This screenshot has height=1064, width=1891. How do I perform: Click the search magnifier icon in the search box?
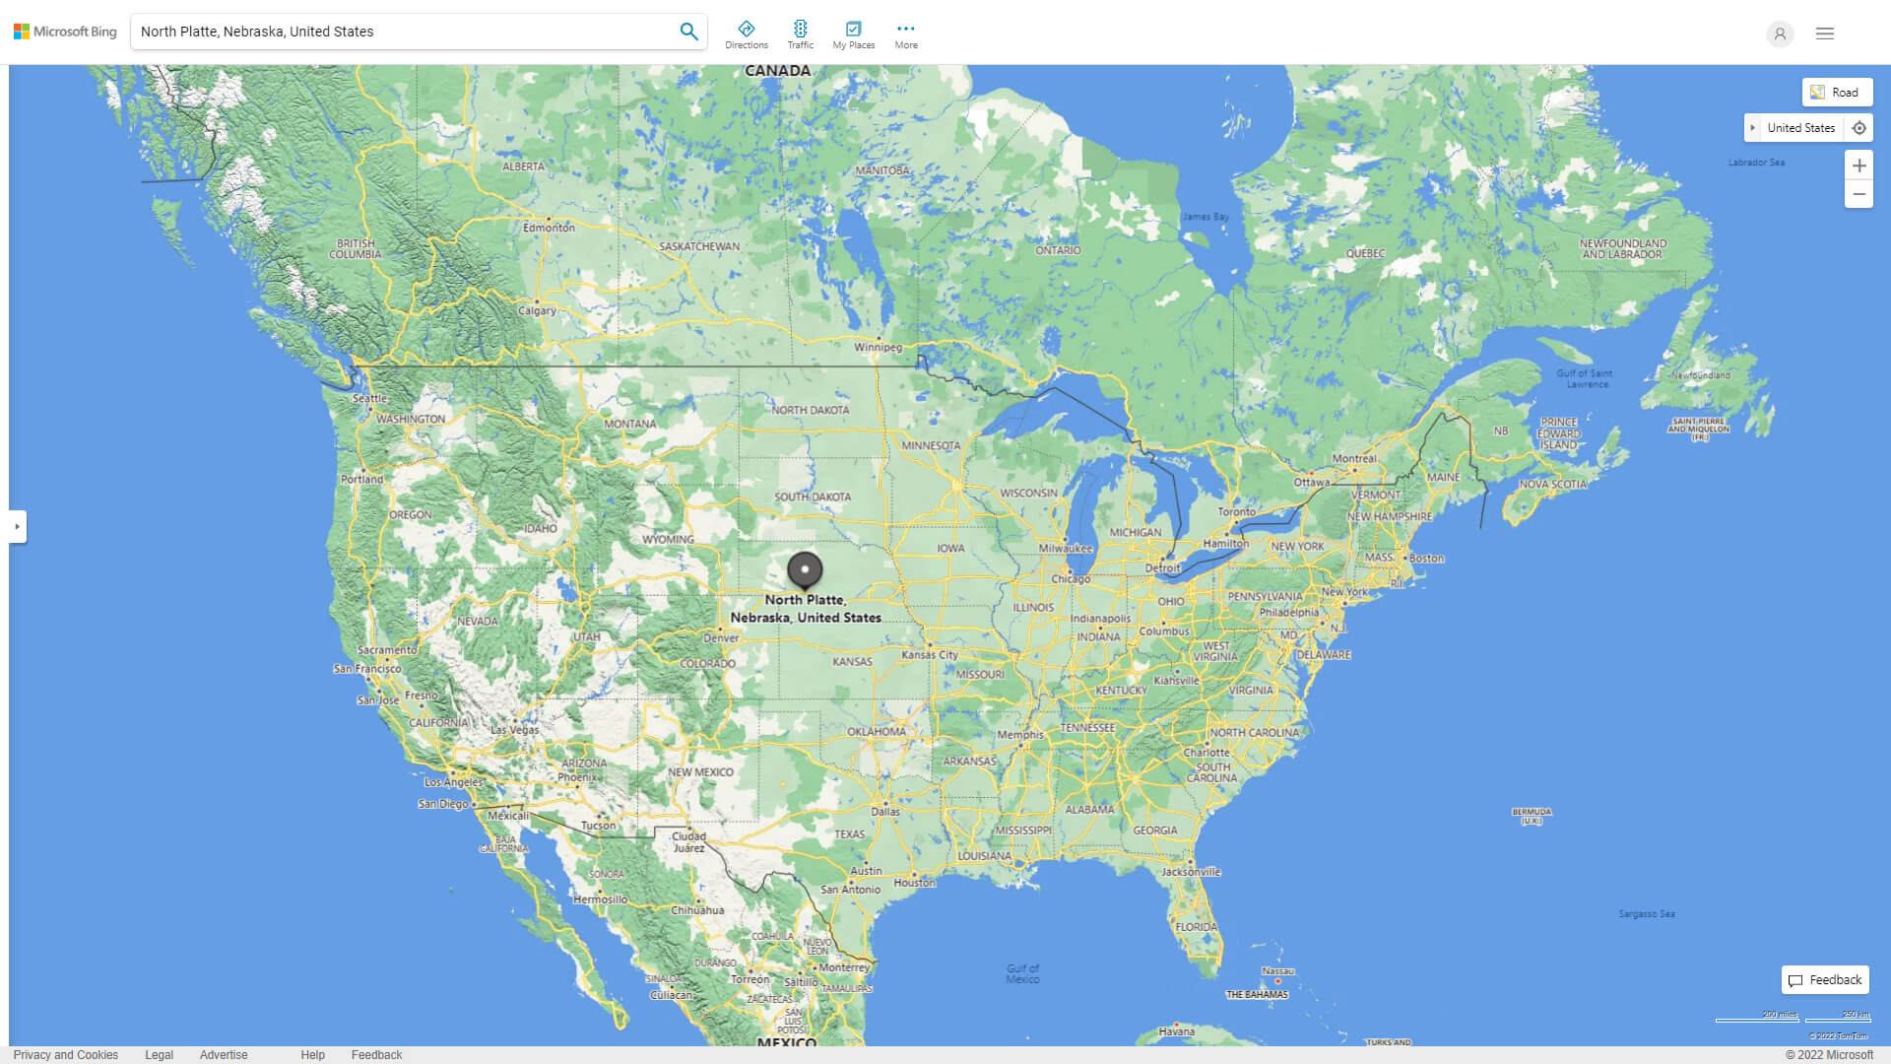688,32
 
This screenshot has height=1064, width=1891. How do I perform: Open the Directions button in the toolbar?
746,34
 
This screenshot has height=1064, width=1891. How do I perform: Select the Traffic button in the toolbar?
800,34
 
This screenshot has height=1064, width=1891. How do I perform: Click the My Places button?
853,34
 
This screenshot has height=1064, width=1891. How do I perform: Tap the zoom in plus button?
1858,166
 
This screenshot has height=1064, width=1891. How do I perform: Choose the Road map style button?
1837,93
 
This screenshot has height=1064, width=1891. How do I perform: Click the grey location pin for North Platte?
805,569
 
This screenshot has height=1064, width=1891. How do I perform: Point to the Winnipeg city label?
878,347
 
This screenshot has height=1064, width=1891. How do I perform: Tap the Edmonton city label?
549,228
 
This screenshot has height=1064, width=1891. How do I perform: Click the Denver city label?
721,637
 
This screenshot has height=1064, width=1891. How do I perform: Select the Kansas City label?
929,654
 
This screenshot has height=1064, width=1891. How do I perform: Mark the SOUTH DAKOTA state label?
812,497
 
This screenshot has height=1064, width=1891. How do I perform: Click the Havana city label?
1176,1031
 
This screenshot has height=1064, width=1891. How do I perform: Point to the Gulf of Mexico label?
1022,973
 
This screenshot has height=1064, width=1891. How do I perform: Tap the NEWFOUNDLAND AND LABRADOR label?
1622,248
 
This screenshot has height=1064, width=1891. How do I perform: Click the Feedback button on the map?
1825,980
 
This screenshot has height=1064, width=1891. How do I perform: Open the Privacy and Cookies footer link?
65,1055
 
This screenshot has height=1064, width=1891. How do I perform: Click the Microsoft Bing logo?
65,32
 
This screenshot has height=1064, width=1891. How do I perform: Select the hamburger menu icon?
1825,33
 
